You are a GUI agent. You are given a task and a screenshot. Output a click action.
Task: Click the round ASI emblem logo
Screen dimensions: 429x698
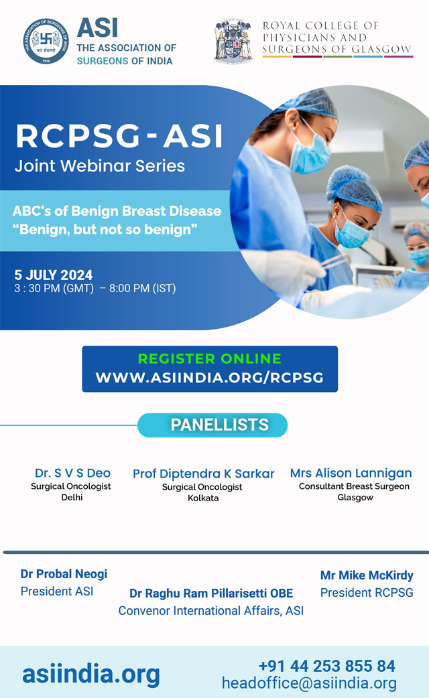46,41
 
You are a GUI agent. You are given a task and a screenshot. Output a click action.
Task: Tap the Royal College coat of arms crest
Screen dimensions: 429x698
233,40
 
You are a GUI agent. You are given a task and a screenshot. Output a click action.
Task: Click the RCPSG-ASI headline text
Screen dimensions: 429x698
119,135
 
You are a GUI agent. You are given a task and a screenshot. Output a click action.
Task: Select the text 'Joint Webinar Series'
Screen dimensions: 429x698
100,166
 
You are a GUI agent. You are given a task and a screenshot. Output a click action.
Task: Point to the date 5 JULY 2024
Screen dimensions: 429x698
54,275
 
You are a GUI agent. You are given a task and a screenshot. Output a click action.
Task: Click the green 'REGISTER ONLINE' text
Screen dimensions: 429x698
209,358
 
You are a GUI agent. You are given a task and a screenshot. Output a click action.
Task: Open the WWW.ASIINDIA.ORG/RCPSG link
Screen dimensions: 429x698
209,378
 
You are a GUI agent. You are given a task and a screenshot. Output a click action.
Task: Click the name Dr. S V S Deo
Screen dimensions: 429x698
72,473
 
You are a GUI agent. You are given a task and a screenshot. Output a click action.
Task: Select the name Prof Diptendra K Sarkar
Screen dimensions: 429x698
204,474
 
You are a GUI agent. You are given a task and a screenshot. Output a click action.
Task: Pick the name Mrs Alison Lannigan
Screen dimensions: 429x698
351,473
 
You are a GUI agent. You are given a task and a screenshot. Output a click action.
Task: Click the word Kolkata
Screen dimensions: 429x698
203,498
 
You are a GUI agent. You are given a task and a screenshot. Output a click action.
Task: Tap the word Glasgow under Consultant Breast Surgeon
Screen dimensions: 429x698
355,498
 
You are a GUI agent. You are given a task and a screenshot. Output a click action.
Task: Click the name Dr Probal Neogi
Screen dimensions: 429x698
64,574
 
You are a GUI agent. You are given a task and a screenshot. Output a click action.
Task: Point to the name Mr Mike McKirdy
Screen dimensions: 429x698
367,575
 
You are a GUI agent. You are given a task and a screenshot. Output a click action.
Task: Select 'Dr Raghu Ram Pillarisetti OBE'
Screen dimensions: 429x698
211,594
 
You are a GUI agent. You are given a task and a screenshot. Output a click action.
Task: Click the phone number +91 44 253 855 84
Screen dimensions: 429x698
327,666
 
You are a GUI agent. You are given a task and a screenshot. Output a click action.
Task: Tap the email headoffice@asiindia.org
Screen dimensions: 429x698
309,683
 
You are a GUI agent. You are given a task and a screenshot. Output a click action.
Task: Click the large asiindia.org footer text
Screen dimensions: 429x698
91,675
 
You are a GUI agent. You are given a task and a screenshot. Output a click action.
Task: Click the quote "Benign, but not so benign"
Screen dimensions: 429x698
105,230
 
